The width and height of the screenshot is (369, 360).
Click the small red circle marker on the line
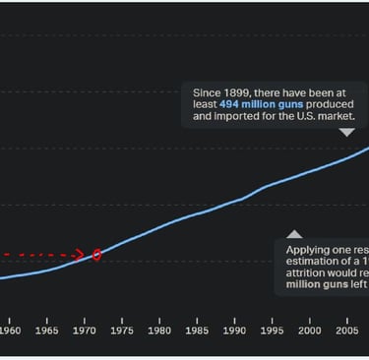tap(97, 255)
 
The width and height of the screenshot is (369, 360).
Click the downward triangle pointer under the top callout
tap(346, 132)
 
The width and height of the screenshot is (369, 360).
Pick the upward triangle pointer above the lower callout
tap(294, 233)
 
